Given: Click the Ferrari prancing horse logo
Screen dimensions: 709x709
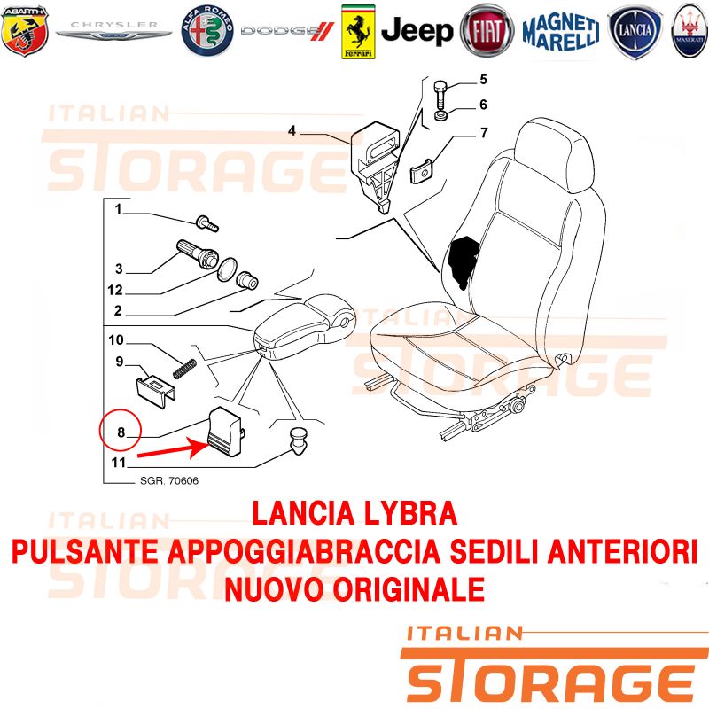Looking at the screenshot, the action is [358, 32].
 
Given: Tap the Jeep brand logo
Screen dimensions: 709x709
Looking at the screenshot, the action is [417, 31].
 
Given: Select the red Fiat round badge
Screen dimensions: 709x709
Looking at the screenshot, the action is [487, 31].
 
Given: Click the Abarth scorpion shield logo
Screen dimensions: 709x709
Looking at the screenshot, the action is [25, 31].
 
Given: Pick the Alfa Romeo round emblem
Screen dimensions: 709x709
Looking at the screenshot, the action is [207, 31].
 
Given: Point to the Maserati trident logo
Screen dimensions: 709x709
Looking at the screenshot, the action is [690, 31].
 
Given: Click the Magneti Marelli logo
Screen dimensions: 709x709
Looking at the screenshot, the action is [561, 31].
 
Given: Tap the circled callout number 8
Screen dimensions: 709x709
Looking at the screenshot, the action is [121, 432].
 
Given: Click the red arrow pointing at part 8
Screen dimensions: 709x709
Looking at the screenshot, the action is [172, 449].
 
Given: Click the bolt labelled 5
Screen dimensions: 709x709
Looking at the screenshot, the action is [440, 94].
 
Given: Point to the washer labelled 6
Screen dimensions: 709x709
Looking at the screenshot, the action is [441, 115].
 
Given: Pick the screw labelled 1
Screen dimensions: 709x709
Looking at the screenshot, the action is [207, 223].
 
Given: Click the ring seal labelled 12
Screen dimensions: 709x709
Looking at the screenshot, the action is [227, 269].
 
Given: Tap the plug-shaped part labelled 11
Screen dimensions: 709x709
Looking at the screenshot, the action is [298, 440].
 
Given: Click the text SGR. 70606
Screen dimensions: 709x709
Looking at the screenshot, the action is [169, 480].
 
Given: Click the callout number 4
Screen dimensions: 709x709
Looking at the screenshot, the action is [292, 130].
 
